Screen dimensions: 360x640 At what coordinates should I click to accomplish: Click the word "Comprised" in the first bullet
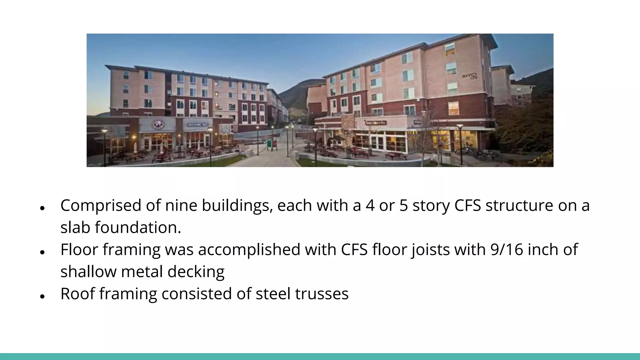point(101,206)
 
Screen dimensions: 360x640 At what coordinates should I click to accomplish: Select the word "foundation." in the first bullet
point(138,227)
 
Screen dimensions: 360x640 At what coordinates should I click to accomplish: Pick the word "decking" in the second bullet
point(196,272)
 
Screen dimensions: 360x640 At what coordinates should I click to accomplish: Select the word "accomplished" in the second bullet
point(249,250)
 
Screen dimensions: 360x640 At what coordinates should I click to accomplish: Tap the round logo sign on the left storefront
point(158,125)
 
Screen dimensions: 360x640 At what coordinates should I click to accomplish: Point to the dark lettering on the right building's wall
point(470,76)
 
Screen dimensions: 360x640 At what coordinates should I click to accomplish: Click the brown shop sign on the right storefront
point(376,123)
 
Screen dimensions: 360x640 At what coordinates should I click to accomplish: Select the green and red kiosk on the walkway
point(272,144)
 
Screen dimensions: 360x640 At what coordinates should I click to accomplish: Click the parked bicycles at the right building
point(475,153)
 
